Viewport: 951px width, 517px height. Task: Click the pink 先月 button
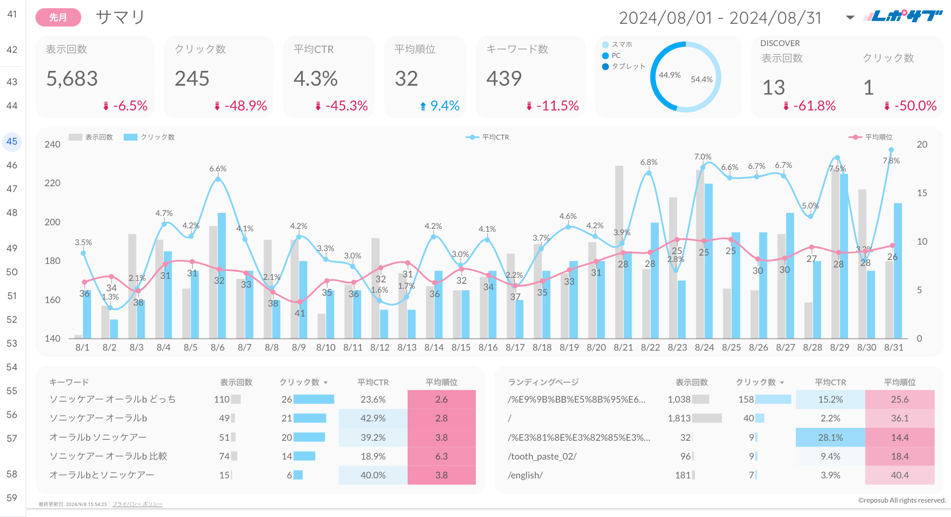(x=58, y=18)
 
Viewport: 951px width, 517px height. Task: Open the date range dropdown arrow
(x=850, y=18)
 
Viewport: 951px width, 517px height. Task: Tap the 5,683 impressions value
(x=72, y=79)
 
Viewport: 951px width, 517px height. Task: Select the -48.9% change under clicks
(x=246, y=105)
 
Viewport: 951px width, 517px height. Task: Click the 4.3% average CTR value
(x=316, y=79)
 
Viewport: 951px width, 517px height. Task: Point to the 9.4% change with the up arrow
(x=444, y=105)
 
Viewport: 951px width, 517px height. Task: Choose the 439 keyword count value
(x=504, y=78)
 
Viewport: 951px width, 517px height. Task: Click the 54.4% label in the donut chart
(x=701, y=79)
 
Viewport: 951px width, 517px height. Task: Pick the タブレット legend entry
(x=628, y=66)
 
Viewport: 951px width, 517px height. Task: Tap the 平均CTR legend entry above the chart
(x=495, y=137)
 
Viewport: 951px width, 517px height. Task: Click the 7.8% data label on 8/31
(x=891, y=160)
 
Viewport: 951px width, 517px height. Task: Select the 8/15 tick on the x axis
(x=461, y=348)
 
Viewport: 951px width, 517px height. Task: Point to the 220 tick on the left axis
(x=53, y=183)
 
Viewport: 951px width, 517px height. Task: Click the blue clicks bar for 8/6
(x=222, y=275)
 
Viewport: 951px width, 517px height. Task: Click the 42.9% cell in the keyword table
(x=373, y=418)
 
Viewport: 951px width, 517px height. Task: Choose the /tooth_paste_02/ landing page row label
(x=542, y=457)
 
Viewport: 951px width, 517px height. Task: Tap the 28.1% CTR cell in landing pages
(x=830, y=438)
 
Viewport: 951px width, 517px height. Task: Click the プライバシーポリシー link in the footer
(x=137, y=504)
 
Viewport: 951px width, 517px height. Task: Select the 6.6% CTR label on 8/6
(x=217, y=169)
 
